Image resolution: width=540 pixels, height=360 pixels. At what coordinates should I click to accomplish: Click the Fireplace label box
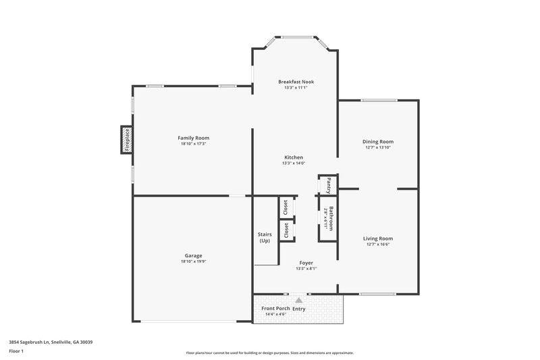(x=126, y=140)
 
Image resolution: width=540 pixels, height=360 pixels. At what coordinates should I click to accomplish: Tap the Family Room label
(x=193, y=138)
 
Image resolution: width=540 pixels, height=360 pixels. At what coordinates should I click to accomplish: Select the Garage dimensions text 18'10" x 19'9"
(x=193, y=261)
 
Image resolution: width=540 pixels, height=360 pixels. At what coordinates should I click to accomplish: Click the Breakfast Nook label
(x=296, y=82)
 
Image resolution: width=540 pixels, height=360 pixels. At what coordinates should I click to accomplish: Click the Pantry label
(x=328, y=184)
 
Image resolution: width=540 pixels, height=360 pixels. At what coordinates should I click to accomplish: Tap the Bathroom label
(x=331, y=217)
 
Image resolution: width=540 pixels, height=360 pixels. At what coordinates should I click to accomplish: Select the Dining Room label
(x=378, y=141)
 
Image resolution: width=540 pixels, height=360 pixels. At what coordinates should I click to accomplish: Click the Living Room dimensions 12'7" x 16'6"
(x=378, y=245)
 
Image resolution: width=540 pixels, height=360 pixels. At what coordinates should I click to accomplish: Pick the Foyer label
(x=306, y=262)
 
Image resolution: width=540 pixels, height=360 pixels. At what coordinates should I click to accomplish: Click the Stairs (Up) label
(x=265, y=237)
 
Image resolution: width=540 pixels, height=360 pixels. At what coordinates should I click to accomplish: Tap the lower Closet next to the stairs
(x=286, y=230)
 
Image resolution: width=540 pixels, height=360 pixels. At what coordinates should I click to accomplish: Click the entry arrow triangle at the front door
(x=299, y=299)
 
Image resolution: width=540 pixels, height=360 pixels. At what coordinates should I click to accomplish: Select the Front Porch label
(x=275, y=309)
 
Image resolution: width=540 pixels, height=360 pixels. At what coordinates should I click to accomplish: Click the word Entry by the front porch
(x=299, y=309)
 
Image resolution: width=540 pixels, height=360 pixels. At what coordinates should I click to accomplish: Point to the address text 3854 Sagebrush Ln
(x=51, y=342)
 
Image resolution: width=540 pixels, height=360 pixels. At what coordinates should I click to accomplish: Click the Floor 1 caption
(x=16, y=352)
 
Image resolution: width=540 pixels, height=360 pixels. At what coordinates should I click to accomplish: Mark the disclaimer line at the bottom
(x=269, y=353)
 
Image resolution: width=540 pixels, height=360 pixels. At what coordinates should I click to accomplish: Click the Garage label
(x=193, y=255)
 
